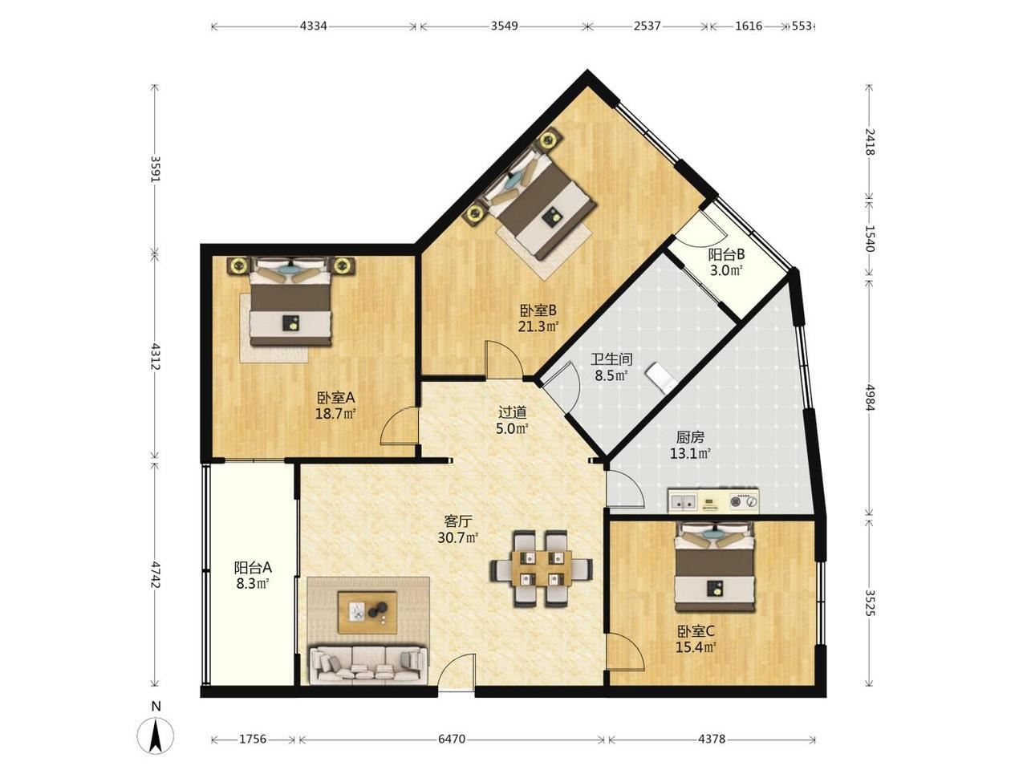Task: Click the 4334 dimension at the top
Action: point(313,26)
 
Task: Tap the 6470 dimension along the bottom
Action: point(452,739)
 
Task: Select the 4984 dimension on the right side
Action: point(869,397)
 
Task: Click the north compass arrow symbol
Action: point(156,736)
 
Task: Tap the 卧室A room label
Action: point(336,398)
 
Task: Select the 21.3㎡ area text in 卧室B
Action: point(538,326)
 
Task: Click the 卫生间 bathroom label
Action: point(611,359)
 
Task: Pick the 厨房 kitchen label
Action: point(690,437)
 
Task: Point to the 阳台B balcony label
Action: point(726,255)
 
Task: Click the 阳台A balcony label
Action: point(253,568)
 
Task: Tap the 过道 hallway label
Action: point(513,412)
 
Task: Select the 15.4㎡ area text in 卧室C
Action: point(696,647)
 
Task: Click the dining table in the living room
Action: point(542,568)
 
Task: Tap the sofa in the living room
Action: point(367,665)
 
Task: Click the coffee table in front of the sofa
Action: point(367,613)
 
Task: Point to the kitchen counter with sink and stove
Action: point(713,501)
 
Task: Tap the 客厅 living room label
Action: point(457,521)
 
